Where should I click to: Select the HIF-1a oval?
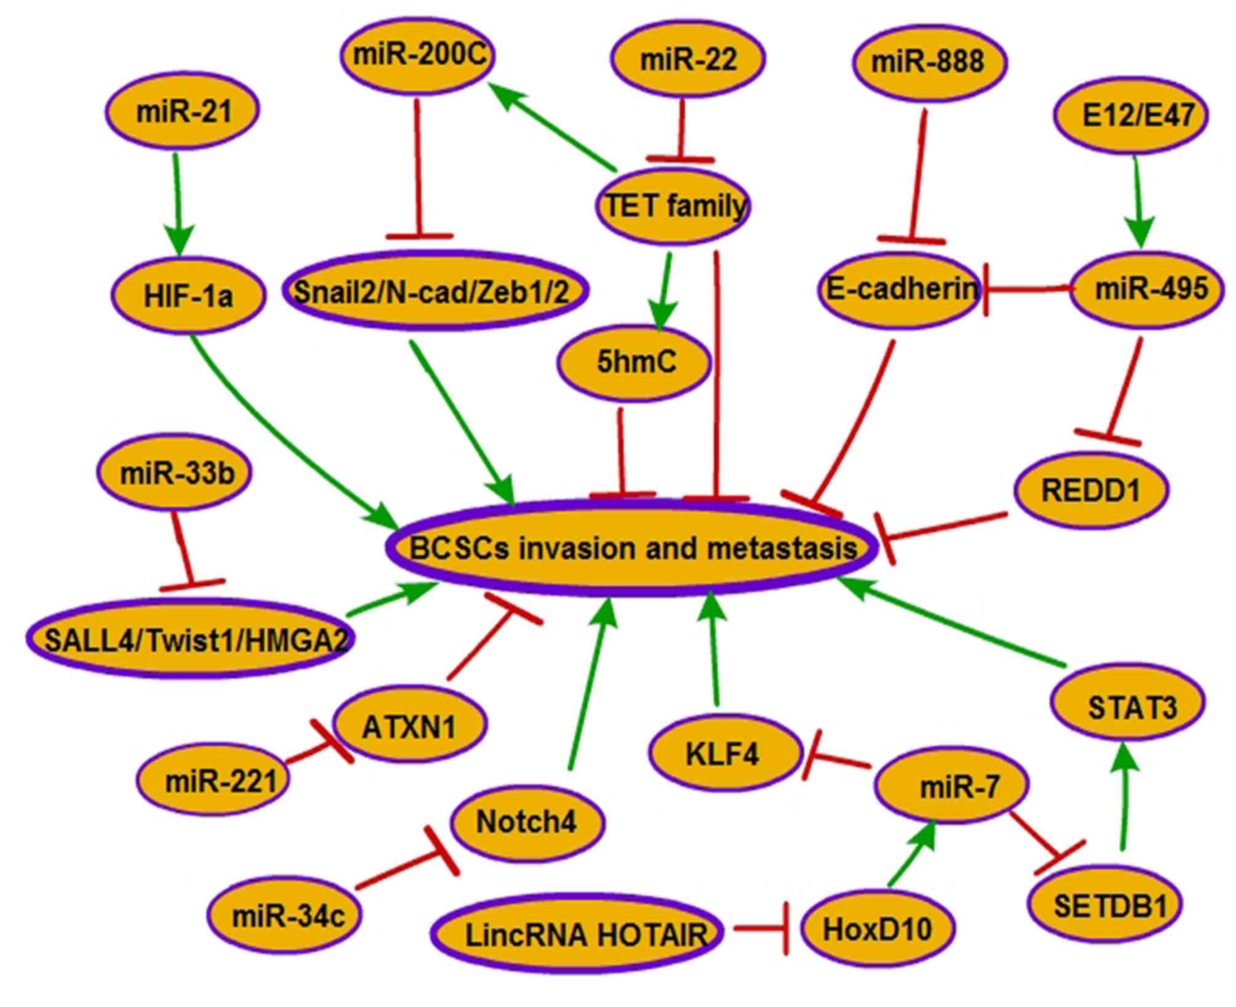point(188,295)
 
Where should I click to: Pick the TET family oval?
point(672,206)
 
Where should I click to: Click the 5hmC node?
point(635,362)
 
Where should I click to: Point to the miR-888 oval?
point(929,62)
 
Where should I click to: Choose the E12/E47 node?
point(1131,115)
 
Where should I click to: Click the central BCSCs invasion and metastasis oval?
point(631,548)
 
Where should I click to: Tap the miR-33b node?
point(175,473)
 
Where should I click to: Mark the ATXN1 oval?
point(409,726)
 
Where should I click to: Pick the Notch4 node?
point(527,822)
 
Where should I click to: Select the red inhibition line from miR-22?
point(681,129)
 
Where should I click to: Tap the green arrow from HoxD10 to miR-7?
point(911,856)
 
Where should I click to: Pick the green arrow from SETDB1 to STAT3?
point(1125,800)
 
